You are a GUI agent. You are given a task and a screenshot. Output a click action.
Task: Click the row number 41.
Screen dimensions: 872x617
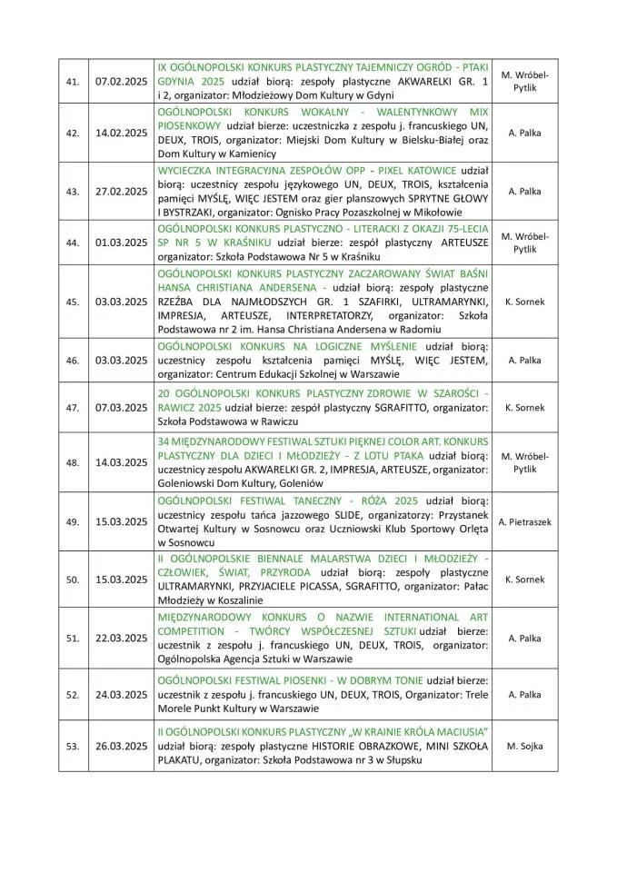[x=73, y=81]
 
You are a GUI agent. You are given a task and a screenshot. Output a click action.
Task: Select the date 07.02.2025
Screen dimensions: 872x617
[x=121, y=81]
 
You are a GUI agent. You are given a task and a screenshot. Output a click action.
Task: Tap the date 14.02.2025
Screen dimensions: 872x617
[x=121, y=133]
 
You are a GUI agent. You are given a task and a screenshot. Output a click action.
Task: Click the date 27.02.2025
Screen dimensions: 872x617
[x=121, y=192]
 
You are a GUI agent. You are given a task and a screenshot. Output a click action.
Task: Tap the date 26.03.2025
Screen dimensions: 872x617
[x=121, y=746]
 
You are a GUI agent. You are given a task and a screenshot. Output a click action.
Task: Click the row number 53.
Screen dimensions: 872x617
[x=73, y=746]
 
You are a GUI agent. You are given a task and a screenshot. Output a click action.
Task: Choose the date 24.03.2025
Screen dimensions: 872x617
[x=121, y=695]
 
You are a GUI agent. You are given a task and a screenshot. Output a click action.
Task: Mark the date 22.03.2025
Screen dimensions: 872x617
[x=121, y=639]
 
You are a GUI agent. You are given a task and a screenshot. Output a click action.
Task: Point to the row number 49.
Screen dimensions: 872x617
[x=73, y=521]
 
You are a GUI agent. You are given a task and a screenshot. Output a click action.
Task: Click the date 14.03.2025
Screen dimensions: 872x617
[x=121, y=462]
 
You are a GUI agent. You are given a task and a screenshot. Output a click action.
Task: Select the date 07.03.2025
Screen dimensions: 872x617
[x=121, y=408]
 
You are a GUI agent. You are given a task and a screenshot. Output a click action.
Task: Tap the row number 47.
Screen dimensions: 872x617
[x=73, y=408]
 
